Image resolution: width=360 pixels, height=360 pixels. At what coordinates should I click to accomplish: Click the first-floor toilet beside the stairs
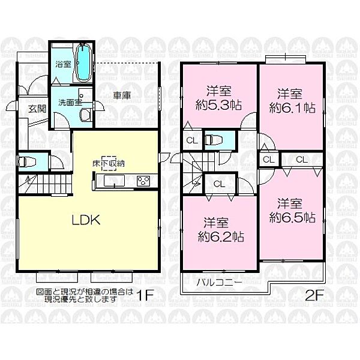coord(27,161)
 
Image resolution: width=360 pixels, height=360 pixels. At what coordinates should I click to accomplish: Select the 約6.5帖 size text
coord(292,217)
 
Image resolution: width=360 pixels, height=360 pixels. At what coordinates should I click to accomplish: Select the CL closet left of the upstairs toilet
coord(192,141)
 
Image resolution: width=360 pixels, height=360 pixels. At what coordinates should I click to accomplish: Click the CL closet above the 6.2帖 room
coord(220,184)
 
